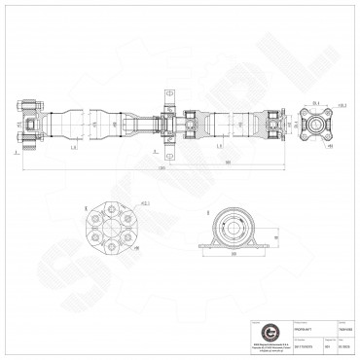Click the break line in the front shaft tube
118,124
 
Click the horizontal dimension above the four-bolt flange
318,100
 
